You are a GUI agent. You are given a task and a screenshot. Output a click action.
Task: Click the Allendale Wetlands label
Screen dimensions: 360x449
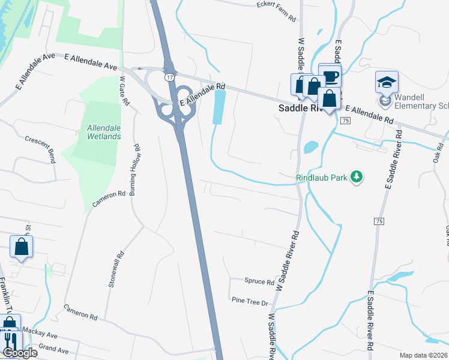pyautogui.click(x=104, y=131)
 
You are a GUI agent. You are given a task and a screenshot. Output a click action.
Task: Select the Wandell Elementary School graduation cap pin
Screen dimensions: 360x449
pyautogui.click(x=387, y=82)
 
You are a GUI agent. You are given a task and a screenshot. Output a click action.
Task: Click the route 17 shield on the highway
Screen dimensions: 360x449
pyautogui.click(x=170, y=77)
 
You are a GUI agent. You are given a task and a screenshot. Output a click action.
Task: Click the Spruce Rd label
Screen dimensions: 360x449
pyautogui.click(x=259, y=281)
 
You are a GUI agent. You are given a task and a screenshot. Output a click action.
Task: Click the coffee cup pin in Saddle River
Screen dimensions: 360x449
pyautogui.click(x=330, y=76)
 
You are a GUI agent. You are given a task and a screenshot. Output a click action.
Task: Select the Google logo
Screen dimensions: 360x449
pyautogui.click(x=20, y=353)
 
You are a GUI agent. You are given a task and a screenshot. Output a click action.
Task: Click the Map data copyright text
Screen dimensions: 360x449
pyautogui.click(x=423, y=355)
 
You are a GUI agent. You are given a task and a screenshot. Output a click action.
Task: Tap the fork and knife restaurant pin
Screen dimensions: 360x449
pyautogui.click(x=11, y=340)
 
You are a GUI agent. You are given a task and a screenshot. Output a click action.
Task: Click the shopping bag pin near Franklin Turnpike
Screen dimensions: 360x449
pyautogui.click(x=22, y=247)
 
